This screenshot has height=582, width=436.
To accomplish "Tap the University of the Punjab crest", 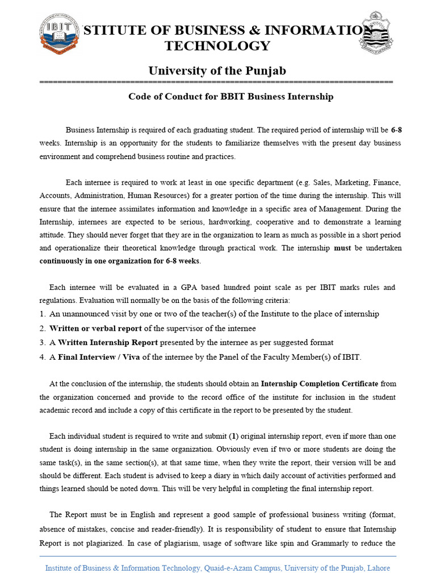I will [377, 34].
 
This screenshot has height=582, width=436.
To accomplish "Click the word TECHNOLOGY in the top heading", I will [217, 46].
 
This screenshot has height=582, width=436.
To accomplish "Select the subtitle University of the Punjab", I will [217, 71].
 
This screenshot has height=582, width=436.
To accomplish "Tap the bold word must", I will [342, 248].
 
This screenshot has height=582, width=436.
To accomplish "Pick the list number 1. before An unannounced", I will [43, 314].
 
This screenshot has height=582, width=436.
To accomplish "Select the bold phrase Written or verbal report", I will [95, 329].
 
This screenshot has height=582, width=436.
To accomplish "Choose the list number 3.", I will [43, 343].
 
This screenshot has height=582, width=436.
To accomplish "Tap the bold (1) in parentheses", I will [233, 436].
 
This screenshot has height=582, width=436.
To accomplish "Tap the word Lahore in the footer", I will [379, 568].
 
